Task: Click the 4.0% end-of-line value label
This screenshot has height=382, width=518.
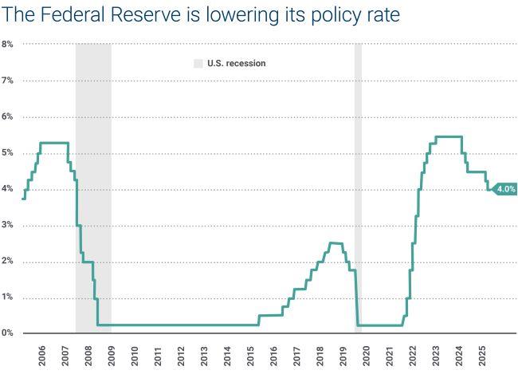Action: click(x=506, y=189)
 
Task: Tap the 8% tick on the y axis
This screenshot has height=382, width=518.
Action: click(x=7, y=44)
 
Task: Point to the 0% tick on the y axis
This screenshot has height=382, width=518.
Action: click(x=7, y=333)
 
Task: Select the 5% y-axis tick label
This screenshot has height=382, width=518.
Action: click(x=7, y=153)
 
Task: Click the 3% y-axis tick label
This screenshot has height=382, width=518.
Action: click(x=7, y=226)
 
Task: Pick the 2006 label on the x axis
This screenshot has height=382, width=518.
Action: click(x=41, y=356)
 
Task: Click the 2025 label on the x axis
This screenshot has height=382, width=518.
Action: click(x=482, y=356)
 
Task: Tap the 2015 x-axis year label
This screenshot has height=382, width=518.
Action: click(x=250, y=356)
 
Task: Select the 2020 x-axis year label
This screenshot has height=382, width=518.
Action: click(x=367, y=356)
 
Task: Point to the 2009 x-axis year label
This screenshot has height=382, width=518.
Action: click(x=111, y=356)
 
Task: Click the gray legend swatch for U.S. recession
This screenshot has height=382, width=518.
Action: click(x=198, y=63)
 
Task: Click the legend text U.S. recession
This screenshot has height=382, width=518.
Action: click(x=237, y=63)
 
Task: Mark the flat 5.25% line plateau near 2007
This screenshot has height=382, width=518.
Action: click(x=53, y=143)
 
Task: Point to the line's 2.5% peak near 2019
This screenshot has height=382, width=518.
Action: click(x=336, y=243)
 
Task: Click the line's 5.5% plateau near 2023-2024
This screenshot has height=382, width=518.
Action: click(x=449, y=136)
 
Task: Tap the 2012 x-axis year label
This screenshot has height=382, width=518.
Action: click(x=181, y=356)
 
